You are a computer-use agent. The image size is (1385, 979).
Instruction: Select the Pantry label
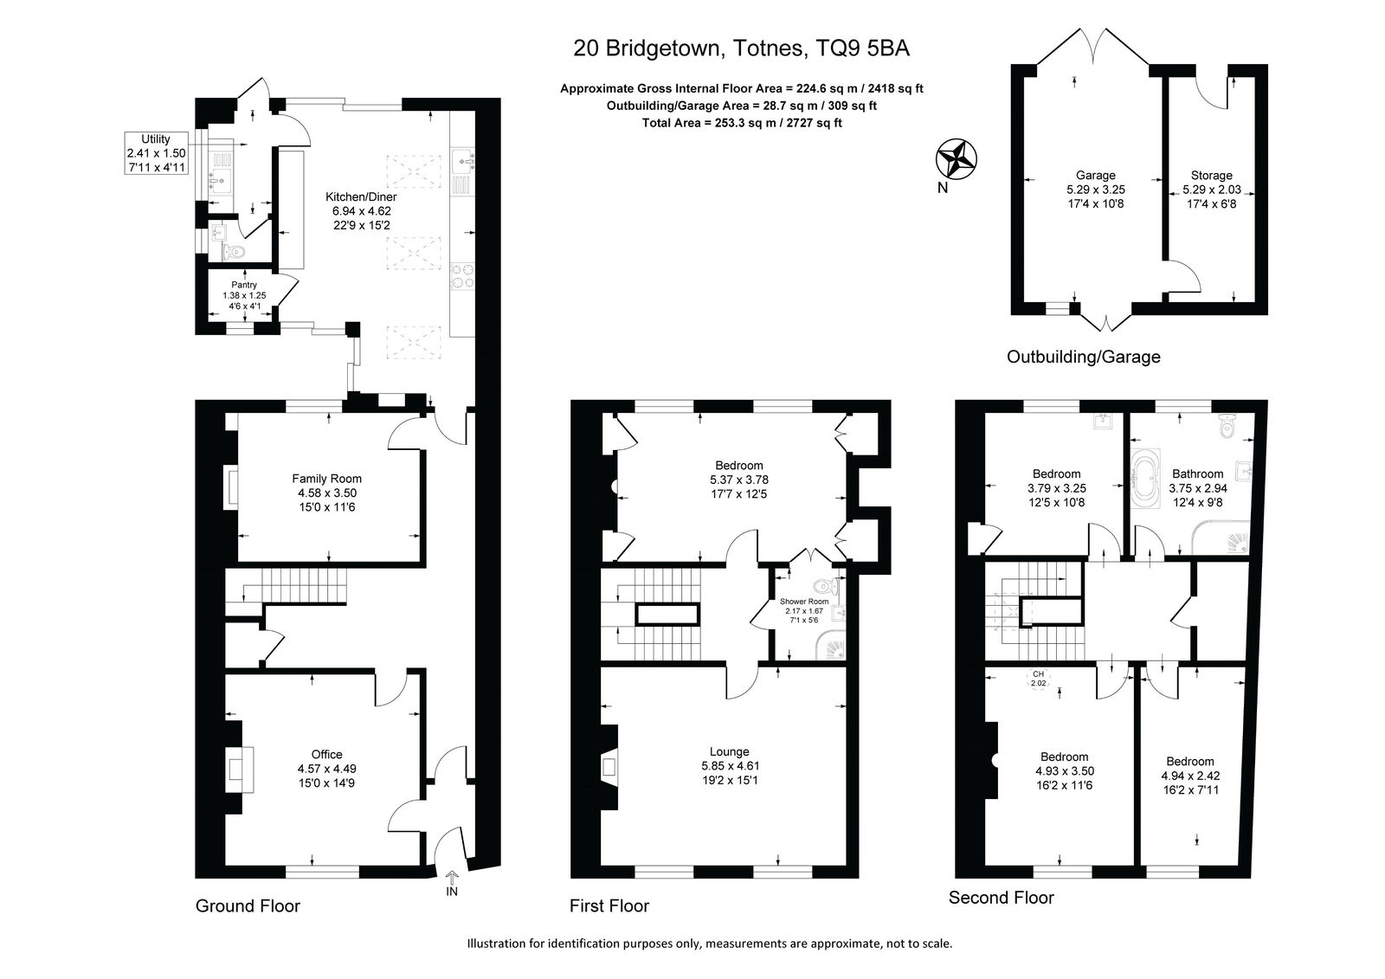pyautogui.click(x=244, y=285)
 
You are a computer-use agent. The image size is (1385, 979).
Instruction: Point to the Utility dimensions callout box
pyautogui.click(x=156, y=152)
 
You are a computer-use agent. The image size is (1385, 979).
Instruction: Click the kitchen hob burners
pyautogui.click(x=461, y=276)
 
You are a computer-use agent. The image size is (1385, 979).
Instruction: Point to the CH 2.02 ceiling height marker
pyautogui.click(x=1038, y=679)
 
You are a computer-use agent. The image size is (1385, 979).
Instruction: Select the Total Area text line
pyautogui.click(x=741, y=122)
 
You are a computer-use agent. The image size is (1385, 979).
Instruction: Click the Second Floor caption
pyautogui.click(x=1001, y=898)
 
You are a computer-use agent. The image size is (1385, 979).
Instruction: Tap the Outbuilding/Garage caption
pyautogui.click(x=1083, y=357)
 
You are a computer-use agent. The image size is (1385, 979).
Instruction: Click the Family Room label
pyautogui.click(x=326, y=479)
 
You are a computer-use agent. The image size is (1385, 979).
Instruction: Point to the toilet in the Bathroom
pyautogui.click(x=1226, y=426)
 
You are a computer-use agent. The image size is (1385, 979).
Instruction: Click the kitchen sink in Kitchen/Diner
pyautogui.click(x=462, y=161)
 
